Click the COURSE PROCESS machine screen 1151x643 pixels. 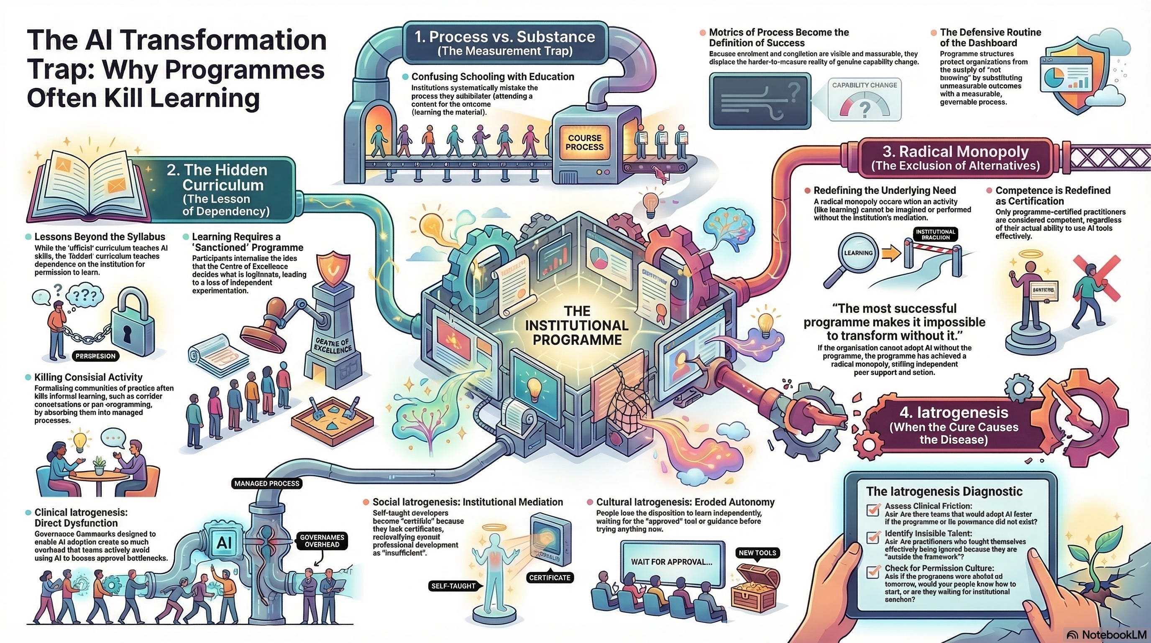584,143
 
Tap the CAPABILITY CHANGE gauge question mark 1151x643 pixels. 864,109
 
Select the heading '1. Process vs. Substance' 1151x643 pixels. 504,37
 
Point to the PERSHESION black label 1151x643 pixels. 96,356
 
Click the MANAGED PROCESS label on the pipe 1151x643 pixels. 267,484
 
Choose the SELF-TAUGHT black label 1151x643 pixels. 453,586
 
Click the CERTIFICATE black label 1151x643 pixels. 549,578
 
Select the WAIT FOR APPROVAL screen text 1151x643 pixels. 671,562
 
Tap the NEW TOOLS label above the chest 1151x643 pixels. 757,553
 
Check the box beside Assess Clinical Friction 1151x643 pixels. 872,510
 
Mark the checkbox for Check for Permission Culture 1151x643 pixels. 872,572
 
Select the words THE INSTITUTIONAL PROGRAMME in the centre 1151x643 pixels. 577,325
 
